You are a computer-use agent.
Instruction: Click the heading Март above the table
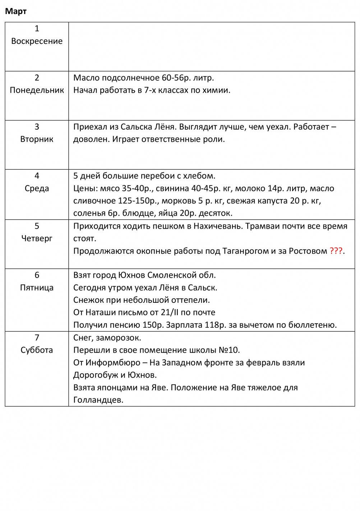[x=16, y=12]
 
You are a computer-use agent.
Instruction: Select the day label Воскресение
[x=37, y=41]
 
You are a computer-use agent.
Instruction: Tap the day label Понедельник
[x=37, y=90]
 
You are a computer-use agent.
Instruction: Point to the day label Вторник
[x=37, y=139]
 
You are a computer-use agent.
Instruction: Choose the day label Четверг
[x=37, y=238]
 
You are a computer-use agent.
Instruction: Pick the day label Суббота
[x=37, y=350]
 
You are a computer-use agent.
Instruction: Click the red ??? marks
[x=336, y=251]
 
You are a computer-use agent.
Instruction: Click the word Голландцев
[x=98, y=400]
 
